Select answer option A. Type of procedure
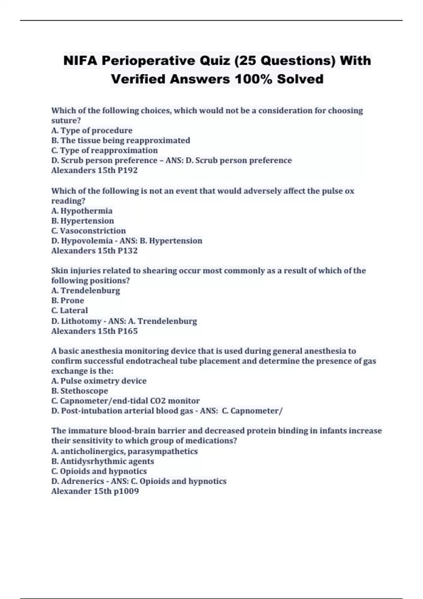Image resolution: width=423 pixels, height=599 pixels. coord(92,130)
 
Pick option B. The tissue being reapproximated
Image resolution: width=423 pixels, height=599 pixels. coord(121,141)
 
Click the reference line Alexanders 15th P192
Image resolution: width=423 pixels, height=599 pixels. coord(94,171)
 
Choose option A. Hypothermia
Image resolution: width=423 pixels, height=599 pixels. coord(82,211)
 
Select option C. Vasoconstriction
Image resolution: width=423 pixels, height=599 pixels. coord(88,231)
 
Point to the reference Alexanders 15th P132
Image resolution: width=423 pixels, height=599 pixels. coord(94,251)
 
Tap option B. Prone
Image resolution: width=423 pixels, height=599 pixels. coord(68,301)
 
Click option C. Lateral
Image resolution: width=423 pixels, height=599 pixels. coord(69,310)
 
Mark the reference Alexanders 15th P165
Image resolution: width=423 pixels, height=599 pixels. coord(94,331)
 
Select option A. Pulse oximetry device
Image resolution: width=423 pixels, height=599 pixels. coord(99,381)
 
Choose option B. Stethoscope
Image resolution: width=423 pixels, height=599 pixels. coord(80,391)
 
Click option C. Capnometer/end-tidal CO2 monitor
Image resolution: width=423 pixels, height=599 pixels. coord(125,401)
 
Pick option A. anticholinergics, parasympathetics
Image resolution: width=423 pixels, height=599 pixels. coord(124,451)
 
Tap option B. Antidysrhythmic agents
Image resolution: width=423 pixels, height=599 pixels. coord(103,461)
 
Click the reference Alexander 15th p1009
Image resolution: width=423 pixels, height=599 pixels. coord(95,491)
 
